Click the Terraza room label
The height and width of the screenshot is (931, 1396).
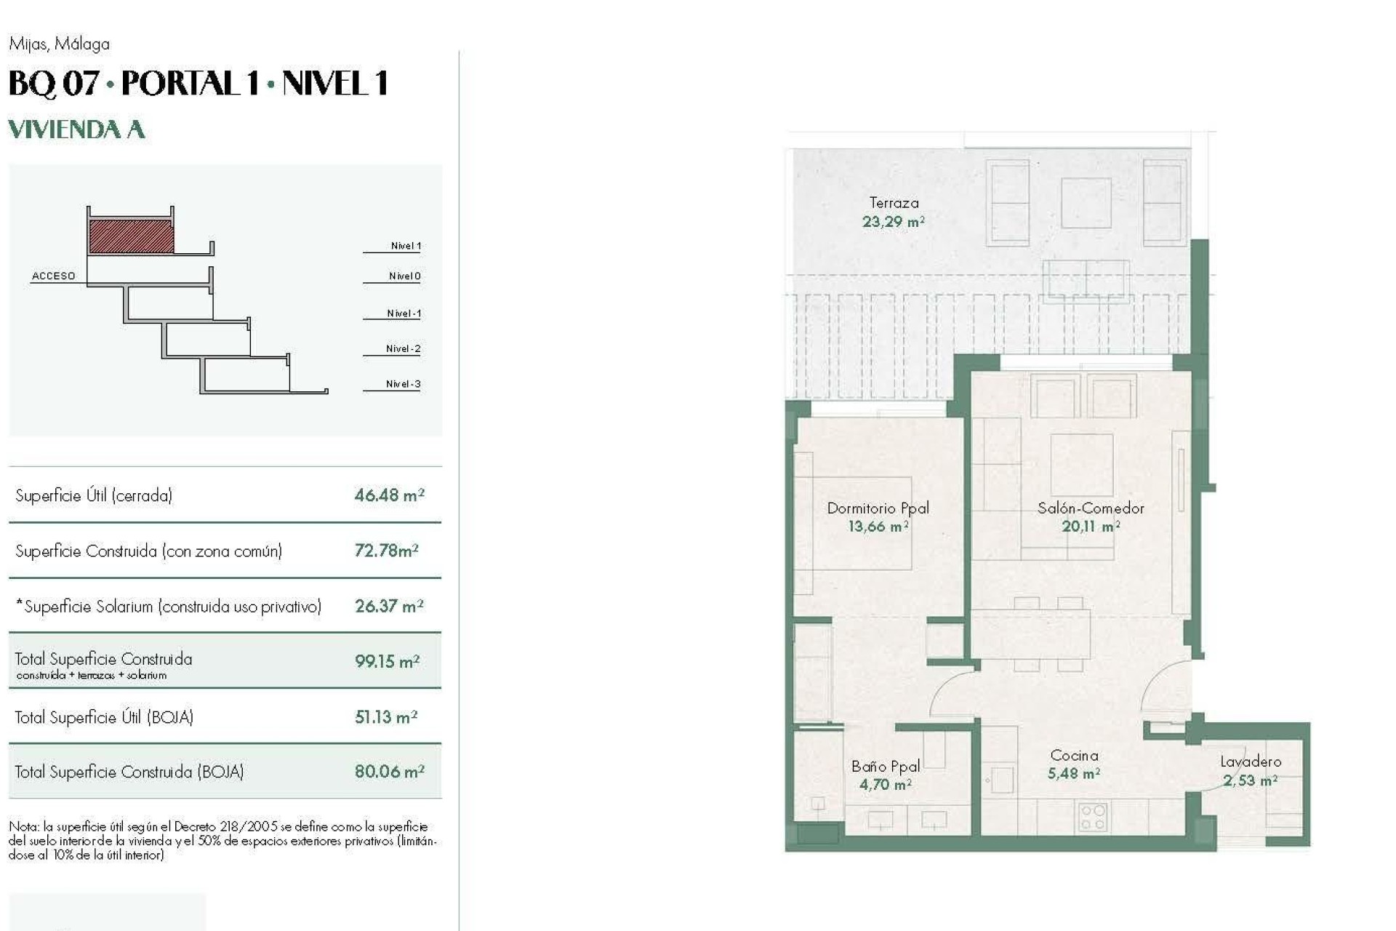[x=894, y=204]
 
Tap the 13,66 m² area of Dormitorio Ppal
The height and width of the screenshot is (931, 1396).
[x=878, y=527]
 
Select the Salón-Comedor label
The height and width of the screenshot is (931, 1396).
[x=1091, y=508]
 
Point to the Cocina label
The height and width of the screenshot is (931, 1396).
[x=1074, y=756]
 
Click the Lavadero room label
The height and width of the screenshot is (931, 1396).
[x=1251, y=762]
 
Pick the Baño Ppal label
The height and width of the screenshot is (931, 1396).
[x=886, y=766]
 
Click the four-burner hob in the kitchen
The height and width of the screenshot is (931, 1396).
[x=1092, y=817]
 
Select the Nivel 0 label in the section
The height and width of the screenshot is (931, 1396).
[x=404, y=276]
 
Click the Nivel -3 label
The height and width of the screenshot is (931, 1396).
[x=403, y=384]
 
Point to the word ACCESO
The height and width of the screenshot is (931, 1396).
[x=54, y=276]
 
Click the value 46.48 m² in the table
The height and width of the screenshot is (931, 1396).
[x=389, y=495]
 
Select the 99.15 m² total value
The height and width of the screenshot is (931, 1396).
[x=387, y=661]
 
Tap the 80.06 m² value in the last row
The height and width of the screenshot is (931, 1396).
[x=389, y=772]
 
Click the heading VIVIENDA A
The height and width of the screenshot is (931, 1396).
[x=76, y=129]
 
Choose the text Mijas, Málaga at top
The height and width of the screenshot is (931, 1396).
[x=60, y=44]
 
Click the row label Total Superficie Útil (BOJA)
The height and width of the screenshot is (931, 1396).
[x=104, y=717]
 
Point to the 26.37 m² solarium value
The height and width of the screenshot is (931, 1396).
[x=389, y=607]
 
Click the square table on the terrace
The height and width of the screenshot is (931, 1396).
[x=1086, y=204]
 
